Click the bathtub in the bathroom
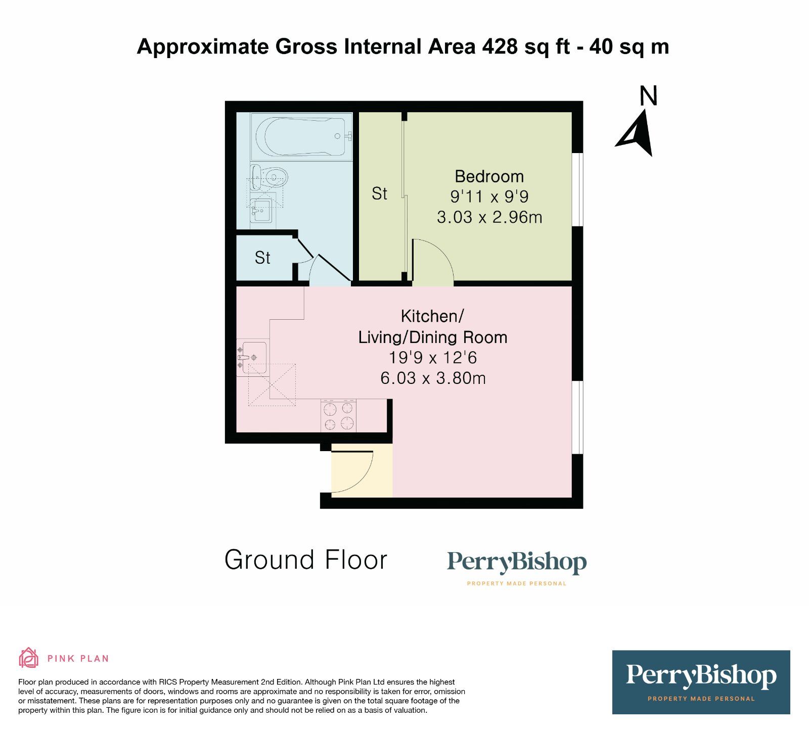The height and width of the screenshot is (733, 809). tap(301, 136)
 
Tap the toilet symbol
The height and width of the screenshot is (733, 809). tap(270, 177)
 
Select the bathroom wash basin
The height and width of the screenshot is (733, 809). tap(262, 210)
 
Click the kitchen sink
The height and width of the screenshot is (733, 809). tap(253, 357)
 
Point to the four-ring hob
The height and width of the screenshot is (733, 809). tap(338, 416)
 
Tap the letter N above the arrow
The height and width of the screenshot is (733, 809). tap(648, 96)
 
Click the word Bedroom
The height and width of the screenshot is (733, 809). tap(489, 176)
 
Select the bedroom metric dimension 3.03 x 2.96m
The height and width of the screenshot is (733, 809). tap(489, 217)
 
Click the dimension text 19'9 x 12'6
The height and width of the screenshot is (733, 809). tap(433, 358)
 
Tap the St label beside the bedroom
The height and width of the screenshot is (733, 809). tap(379, 193)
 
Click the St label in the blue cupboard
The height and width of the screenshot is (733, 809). tap(262, 258)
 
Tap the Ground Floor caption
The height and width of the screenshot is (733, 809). tap(305, 560)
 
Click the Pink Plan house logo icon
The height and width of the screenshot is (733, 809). tap(28, 658)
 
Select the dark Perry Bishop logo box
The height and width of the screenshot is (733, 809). tap(701, 682)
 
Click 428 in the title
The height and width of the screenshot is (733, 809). tap(500, 46)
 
